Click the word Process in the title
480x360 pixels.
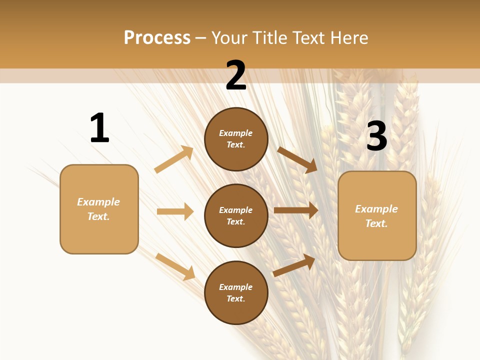pos(157,38)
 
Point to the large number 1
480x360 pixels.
pos(99,128)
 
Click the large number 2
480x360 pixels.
pos(236,75)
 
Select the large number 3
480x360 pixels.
pos(376,136)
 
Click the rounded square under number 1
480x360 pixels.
pos(99,209)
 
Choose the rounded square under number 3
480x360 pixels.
pos(377,216)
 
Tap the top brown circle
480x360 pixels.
pos(236,139)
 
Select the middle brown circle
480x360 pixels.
pos(236,216)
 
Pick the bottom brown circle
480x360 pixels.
pos(236,293)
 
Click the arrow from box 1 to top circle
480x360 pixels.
pos(174,159)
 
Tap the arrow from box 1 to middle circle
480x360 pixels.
pos(175,211)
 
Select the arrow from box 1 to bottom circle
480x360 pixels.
pos(175,266)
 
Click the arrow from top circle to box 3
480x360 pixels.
pos(297,159)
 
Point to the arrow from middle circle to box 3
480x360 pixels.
pos(296,210)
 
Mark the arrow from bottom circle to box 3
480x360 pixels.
pos(294,265)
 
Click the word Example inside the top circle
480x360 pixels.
pos(236,133)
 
